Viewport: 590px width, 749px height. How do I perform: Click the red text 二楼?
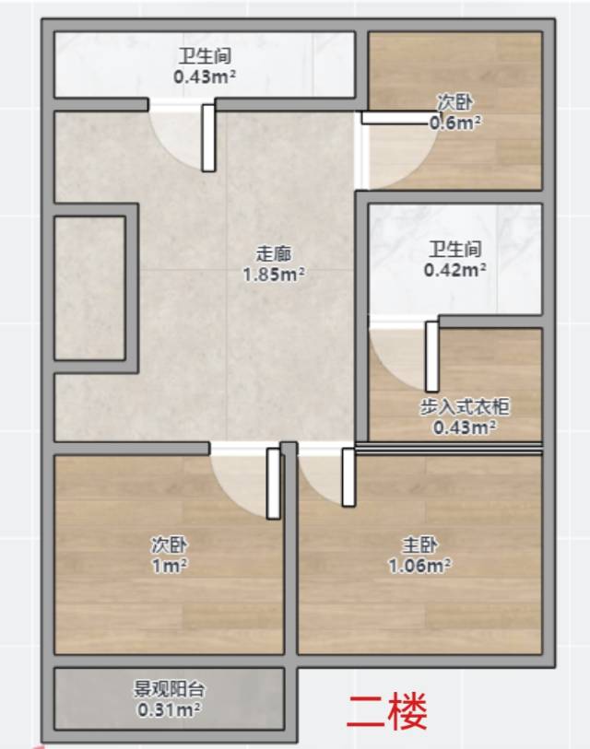point(386,712)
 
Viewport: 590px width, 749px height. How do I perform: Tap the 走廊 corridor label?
point(274,253)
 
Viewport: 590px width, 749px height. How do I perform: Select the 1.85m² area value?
point(274,275)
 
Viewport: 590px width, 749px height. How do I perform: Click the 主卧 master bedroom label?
point(419,544)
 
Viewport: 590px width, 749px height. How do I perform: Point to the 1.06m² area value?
point(419,566)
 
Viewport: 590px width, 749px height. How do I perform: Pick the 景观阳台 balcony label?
point(169,689)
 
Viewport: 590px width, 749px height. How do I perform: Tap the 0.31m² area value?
point(169,709)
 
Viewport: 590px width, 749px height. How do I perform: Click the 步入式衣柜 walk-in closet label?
point(465,406)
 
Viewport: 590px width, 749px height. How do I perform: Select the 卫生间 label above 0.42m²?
point(454,249)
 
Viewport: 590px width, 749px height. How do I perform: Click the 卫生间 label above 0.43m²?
point(205,55)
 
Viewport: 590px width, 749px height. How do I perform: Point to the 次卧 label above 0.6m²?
point(454,101)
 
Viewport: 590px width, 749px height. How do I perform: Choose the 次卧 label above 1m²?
point(170,544)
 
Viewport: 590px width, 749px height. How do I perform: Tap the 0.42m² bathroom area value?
point(455,270)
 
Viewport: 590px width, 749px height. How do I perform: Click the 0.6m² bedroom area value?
point(455,123)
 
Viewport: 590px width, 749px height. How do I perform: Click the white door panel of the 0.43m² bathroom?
point(208,138)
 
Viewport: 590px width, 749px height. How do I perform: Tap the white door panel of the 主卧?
point(348,477)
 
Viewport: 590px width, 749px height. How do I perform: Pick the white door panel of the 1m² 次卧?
point(274,484)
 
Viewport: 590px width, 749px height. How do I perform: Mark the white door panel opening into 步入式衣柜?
point(432,357)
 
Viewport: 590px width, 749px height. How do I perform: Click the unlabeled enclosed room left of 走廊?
point(90,288)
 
